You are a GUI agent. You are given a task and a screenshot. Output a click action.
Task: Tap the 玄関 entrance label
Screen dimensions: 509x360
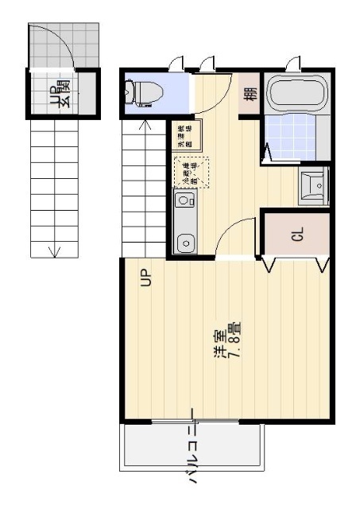(60, 93)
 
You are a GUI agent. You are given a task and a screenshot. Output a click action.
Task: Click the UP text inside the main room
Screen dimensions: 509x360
(145, 278)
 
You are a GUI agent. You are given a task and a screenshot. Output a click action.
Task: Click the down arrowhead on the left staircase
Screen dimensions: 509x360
(54, 254)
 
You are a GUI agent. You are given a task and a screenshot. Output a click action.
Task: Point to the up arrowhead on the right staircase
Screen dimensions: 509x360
(145, 123)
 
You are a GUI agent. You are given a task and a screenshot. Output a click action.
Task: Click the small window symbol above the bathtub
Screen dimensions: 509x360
(295, 63)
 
